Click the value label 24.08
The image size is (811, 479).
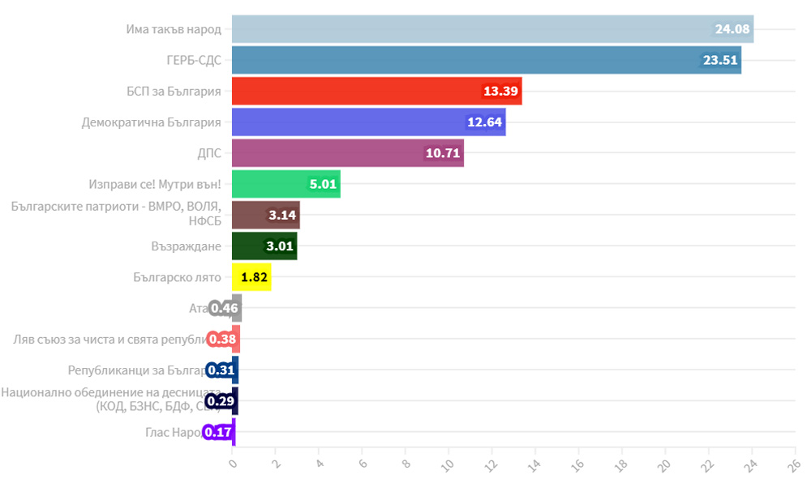tap(733, 29)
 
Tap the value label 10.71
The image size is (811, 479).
tap(443, 153)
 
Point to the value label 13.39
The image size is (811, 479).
tap(501, 91)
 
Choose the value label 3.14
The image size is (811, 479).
tap(283, 216)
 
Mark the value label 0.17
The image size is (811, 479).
tap(217, 432)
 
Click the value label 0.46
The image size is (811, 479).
tap(223, 308)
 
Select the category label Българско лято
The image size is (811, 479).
tap(177, 277)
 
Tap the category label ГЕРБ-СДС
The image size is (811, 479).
tap(193, 60)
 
